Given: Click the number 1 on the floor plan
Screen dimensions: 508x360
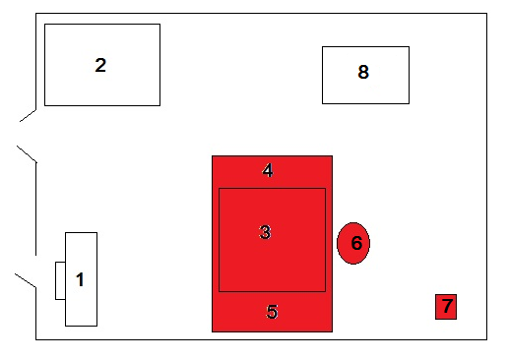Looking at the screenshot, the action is click(80, 279).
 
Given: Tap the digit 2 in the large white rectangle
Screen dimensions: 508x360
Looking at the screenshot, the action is click(100, 65).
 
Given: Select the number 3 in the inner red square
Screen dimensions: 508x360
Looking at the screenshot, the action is click(265, 232).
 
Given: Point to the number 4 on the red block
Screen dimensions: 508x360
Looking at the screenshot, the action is click(268, 170).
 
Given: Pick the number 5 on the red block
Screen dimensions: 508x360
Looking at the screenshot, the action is click(272, 312).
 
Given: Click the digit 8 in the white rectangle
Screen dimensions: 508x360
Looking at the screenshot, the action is click(363, 72).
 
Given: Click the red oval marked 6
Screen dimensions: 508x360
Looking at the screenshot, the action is click(353, 243).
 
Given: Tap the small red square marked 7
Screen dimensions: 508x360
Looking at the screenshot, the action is click(446, 307).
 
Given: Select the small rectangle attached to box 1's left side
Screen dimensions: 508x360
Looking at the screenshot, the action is click(60, 280).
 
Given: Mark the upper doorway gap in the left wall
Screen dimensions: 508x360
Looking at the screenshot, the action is click(35, 136).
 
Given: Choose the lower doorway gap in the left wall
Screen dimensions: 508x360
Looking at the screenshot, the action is click(35, 271).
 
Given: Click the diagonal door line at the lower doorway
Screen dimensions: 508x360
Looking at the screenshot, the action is click(26, 280).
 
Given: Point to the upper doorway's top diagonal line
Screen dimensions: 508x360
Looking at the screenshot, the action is click(28, 115).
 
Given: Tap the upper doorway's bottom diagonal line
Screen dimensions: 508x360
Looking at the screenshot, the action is click(27, 153).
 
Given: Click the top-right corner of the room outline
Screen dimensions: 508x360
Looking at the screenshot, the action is click(486, 14).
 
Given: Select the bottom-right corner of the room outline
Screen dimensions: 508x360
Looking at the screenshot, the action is click(486, 339).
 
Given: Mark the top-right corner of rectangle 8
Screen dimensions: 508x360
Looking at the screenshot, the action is click(409, 47).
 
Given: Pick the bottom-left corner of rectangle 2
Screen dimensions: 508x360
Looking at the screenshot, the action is click(44, 105).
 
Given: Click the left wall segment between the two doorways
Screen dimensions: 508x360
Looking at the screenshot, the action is click(35, 209).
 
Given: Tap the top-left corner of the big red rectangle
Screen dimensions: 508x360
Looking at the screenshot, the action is click(212, 156).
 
